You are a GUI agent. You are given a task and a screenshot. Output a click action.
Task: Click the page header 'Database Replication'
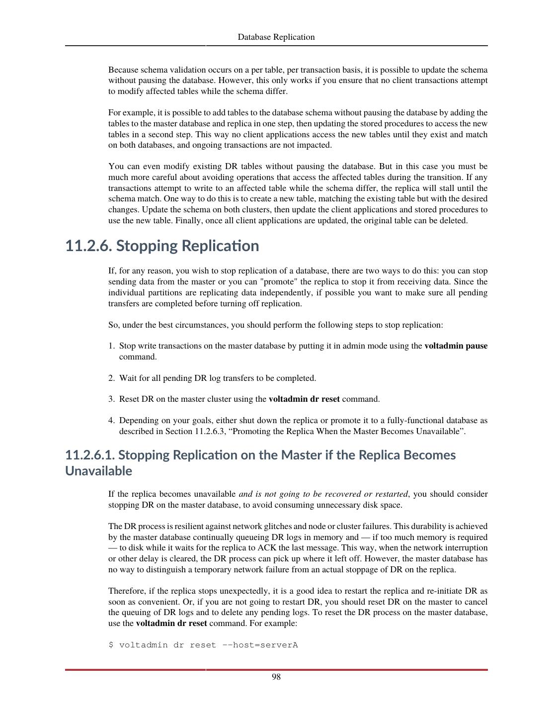(276, 37)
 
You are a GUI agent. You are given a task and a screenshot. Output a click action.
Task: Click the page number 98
(276, 677)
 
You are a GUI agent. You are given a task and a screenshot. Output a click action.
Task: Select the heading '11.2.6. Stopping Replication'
(162, 246)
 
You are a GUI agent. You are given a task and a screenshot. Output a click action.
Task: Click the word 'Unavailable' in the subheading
(98, 471)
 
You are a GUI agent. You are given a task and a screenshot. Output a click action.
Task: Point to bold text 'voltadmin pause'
(456, 346)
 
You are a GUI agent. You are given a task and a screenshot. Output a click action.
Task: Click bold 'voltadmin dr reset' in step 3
(304, 399)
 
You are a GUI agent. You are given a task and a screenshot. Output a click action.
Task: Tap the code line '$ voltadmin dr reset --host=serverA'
(203, 645)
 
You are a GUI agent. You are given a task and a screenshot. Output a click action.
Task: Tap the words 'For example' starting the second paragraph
(127, 113)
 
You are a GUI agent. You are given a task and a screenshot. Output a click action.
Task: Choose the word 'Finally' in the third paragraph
(188, 221)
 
